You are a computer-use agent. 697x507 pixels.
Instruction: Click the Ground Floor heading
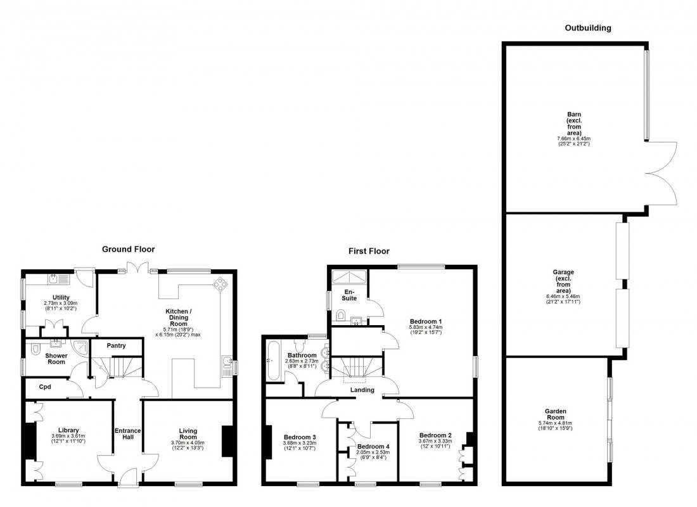(128, 250)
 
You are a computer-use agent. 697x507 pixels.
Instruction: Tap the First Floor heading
(369, 251)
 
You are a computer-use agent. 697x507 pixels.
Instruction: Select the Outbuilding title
(587, 28)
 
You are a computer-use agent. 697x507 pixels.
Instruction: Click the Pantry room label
(116, 346)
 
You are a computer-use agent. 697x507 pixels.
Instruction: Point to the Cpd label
(44, 387)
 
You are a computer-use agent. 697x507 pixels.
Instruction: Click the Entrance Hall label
(127, 435)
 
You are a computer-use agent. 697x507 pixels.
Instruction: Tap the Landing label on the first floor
(362, 390)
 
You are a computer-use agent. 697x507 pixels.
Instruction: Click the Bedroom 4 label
(373, 447)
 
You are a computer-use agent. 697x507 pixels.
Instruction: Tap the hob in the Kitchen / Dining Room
(222, 284)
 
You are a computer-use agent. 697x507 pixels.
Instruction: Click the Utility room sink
(54, 278)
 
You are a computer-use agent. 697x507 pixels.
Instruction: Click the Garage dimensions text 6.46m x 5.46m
(563, 296)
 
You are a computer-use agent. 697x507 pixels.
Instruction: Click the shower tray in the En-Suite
(349, 276)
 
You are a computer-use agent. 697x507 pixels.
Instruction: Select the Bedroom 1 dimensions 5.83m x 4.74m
(426, 326)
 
